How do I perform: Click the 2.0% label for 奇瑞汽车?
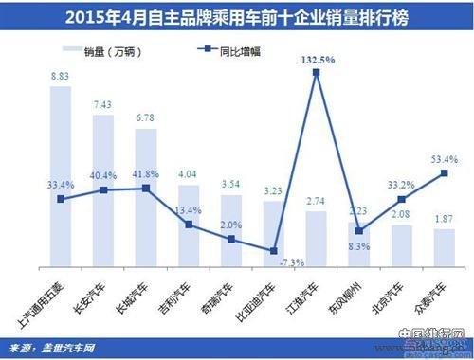pos(232,225)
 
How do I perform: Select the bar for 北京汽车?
pos(402,246)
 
